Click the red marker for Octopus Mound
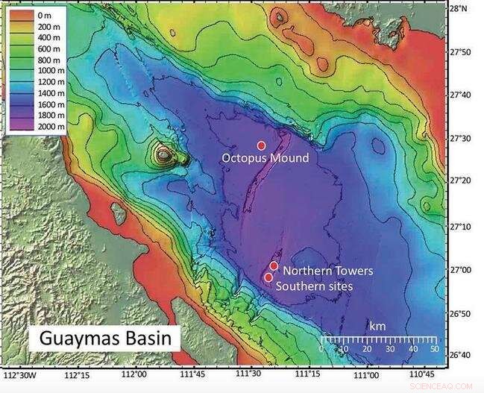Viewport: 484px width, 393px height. click(x=261, y=145)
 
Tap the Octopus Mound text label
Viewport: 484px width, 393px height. click(x=265, y=158)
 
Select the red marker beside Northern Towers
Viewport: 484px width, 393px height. click(x=274, y=265)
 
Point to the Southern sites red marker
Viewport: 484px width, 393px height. click(x=268, y=277)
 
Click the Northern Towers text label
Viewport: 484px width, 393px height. click(x=327, y=271)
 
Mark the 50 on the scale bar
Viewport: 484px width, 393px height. click(x=433, y=349)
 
